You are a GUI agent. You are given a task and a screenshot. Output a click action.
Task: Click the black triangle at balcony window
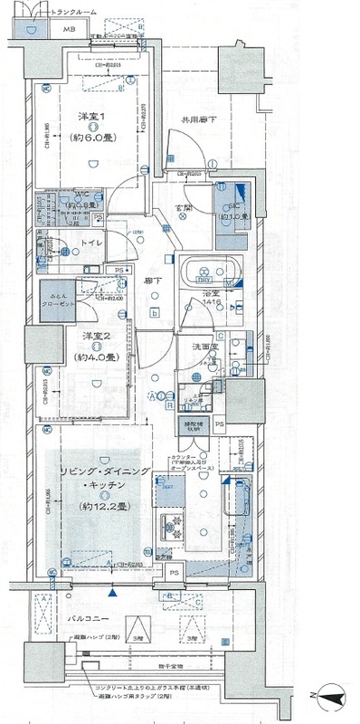[112, 593]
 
